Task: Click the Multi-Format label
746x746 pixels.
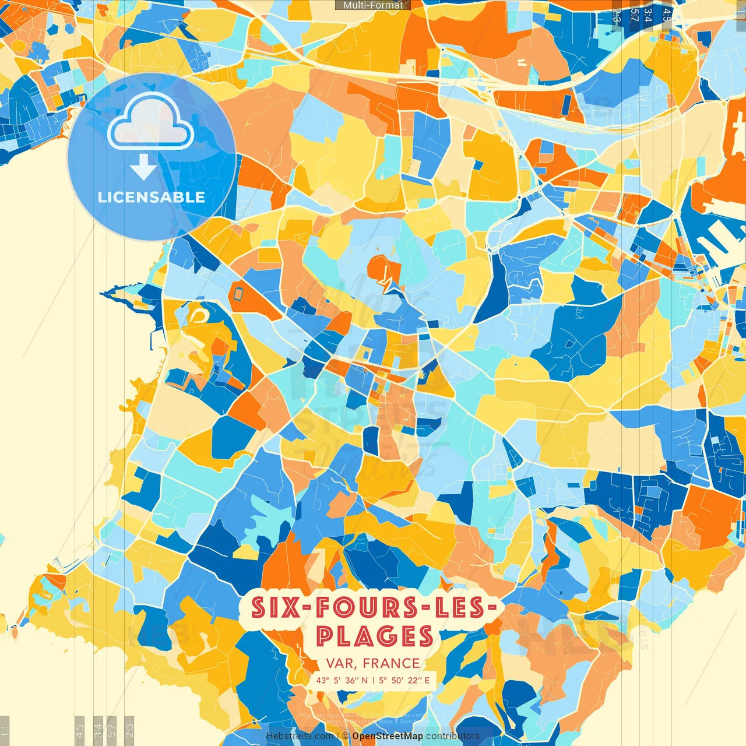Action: click(373, 5)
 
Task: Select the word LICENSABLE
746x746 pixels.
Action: click(152, 197)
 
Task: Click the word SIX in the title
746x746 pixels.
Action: click(272, 608)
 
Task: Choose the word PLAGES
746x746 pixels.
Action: click(375, 636)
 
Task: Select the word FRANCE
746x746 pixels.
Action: click(391, 663)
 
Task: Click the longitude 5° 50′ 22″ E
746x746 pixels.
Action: click(404, 680)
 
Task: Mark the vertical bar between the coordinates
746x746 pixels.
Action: click(373, 680)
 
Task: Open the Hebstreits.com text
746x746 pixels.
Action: click(300, 736)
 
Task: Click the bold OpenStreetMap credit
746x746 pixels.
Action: click(388, 736)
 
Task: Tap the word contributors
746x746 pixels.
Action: click(453, 736)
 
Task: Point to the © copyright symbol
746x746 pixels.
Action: click(345, 736)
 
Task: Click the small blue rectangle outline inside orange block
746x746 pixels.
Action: click(238, 291)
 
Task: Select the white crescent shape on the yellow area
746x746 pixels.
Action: click(198, 315)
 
